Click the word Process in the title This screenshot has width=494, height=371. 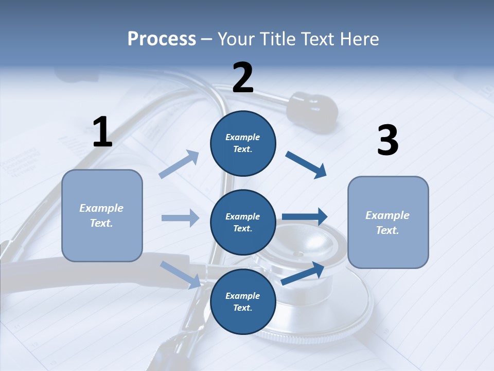(x=162, y=39)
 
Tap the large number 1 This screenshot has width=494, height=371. (x=102, y=132)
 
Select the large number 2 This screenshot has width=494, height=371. (x=243, y=78)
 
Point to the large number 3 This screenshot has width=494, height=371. (x=387, y=141)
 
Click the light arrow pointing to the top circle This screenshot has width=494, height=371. (x=179, y=164)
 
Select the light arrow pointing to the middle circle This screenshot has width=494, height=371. (x=180, y=218)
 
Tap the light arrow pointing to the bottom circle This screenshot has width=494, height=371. (x=181, y=274)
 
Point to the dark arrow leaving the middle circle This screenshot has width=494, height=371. (x=305, y=217)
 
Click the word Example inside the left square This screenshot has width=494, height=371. (x=101, y=208)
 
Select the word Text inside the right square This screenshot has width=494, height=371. (x=387, y=230)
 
